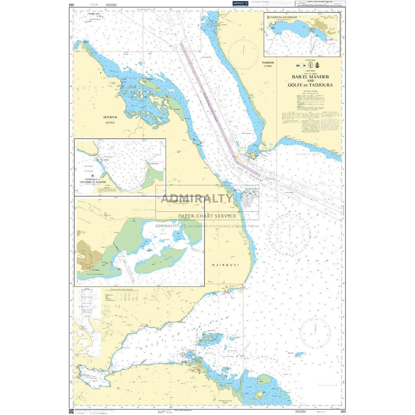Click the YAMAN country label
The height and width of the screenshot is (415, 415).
(x=268, y=63)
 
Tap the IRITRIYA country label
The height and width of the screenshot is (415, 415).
(x=110, y=117)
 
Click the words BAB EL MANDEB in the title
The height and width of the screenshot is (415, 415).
(x=310, y=77)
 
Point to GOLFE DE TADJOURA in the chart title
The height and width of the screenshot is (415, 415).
(x=310, y=85)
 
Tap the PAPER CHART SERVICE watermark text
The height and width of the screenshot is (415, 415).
(x=207, y=216)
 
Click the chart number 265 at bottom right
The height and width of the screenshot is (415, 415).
(x=343, y=411)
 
